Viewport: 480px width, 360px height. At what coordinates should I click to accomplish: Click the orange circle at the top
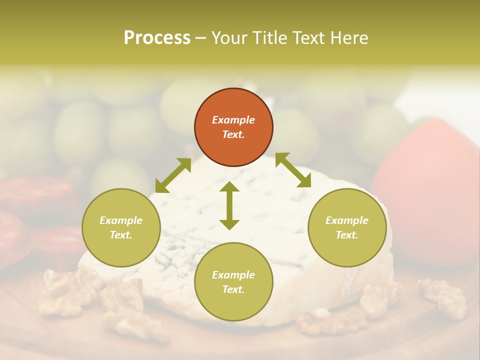point(233,127)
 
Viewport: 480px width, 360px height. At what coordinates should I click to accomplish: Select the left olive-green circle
point(121,227)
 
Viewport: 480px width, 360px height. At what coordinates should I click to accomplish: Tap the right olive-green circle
point(347,227)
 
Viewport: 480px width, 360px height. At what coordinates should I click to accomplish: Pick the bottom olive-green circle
point(233,282)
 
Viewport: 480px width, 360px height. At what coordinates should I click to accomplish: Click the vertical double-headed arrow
point(229,205)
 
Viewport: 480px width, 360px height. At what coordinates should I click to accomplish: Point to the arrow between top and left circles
point(173,175)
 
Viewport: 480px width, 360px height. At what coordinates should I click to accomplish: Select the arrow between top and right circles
point(293,170)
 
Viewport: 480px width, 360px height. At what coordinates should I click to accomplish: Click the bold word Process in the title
point(157,38)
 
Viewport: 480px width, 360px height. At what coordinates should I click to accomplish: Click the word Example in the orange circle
point(233,120)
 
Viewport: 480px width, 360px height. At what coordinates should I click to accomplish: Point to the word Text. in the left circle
point(121,235)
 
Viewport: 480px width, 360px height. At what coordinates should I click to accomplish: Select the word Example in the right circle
point(347,220)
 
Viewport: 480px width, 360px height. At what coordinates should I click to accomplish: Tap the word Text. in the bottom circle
point(233,289)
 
